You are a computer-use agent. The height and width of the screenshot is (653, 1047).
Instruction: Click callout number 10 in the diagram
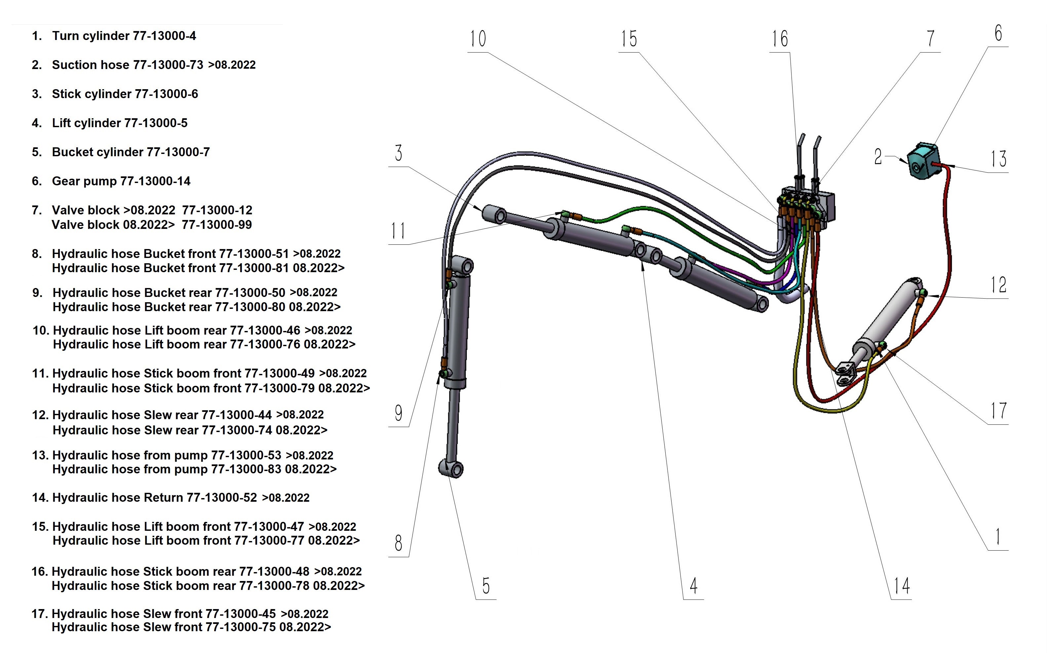point(478,39)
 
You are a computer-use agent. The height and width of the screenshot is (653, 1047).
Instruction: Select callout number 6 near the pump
point(998,33)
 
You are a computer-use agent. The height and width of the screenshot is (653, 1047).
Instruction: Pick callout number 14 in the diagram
point(902,586)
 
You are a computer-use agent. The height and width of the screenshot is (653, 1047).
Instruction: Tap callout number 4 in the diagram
point(693,586)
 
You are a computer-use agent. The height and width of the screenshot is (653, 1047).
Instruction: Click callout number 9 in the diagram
point(398,413)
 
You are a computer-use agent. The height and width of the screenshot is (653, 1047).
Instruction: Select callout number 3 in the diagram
point(398,153)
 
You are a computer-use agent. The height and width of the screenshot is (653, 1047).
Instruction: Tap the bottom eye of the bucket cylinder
point(451,469)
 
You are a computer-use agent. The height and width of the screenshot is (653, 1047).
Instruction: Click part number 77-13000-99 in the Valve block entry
point(216,225)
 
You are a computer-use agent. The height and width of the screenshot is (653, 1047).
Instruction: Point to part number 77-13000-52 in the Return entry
point(222,497)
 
